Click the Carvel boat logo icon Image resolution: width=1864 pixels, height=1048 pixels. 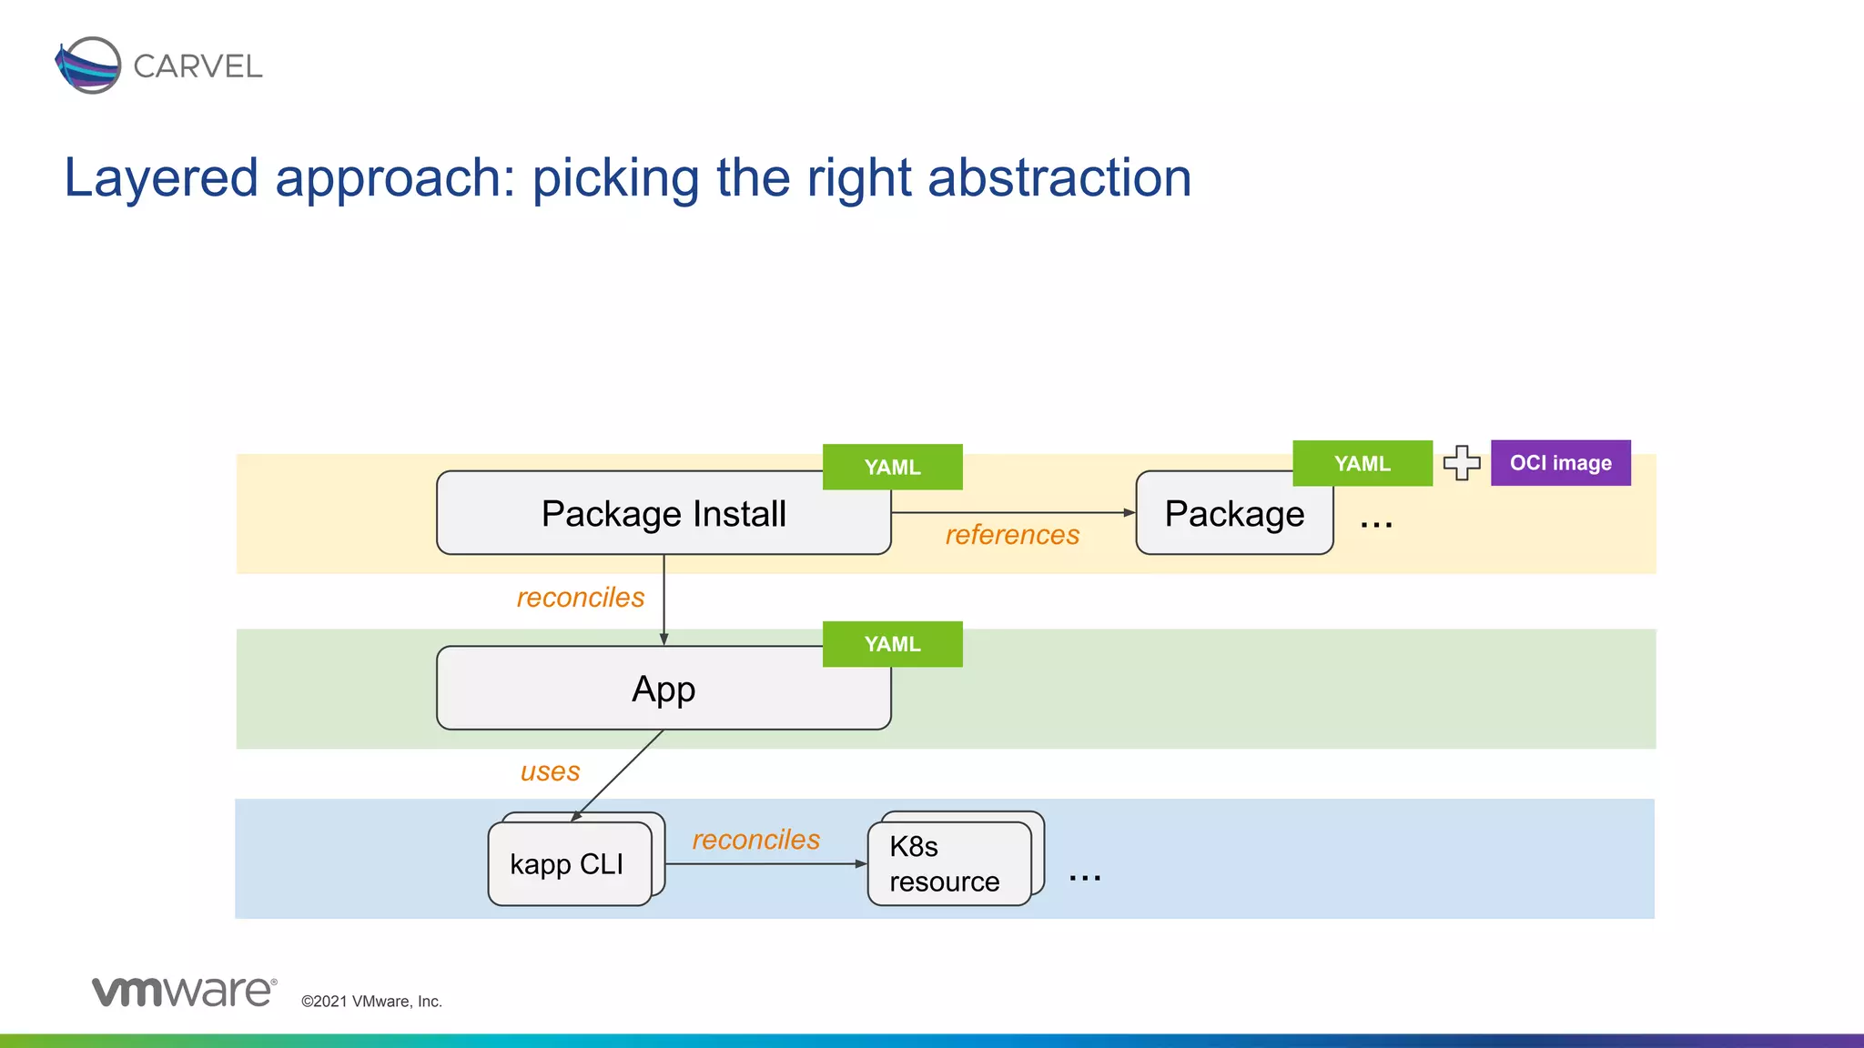click(87, 65)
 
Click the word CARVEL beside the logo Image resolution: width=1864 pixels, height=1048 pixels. click(198, 66)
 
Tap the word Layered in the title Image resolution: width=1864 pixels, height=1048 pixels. click(161, 177)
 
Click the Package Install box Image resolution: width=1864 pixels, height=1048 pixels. click(663, 514)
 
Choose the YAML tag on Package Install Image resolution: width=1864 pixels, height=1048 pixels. click(892, 467)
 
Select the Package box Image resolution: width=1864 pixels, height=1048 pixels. click(1233, 514)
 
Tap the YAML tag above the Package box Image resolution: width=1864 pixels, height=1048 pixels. click(1362, 463)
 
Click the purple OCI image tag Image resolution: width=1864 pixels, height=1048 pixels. click(1560, 463)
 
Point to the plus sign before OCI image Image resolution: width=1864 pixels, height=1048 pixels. click(1462, 463)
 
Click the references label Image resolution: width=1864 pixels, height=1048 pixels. click(1012, 535)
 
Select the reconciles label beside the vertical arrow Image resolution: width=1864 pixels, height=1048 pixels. click(581, 598)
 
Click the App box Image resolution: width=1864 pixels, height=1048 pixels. click(663, 689)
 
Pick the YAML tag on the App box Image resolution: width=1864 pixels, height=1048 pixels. click(892, 644)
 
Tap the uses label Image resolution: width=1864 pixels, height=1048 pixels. click(550, 771)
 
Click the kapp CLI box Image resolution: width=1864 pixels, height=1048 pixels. click(568, 863)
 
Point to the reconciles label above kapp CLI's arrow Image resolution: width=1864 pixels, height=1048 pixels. click(755, 840)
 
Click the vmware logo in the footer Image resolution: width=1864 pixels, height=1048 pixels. click(183, 992)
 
